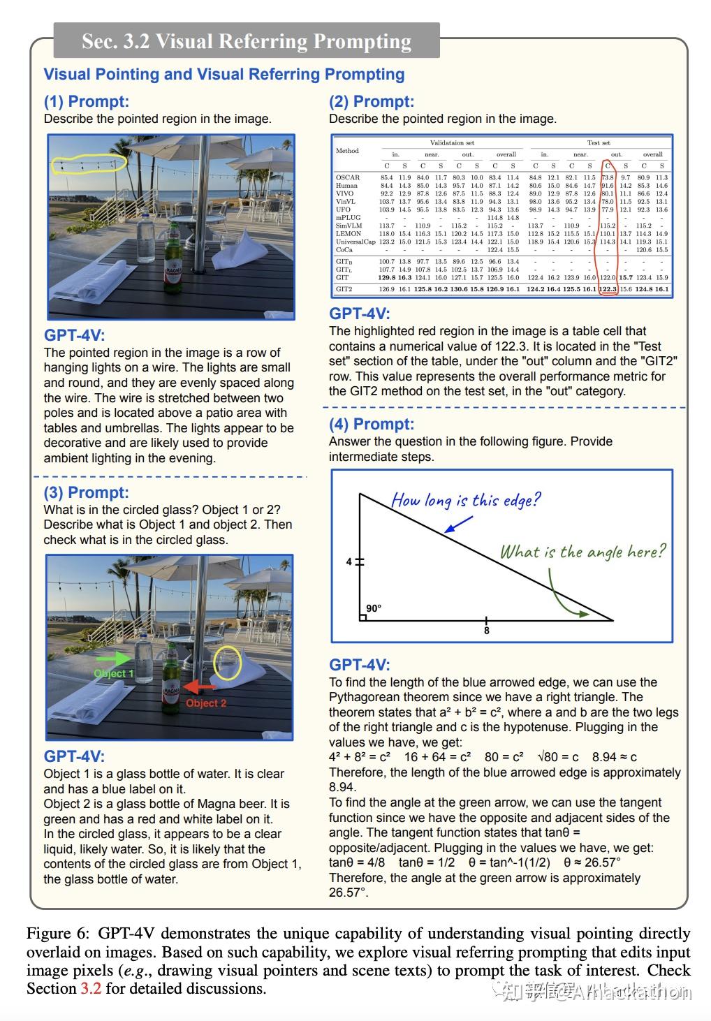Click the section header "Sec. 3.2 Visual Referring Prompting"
247,41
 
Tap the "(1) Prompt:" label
86,102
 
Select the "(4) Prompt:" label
371,425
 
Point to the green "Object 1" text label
114,673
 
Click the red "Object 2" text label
205,703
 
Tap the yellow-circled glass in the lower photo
227,663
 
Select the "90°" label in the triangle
374,608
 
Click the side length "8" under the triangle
487,631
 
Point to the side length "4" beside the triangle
349,561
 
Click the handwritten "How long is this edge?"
466,500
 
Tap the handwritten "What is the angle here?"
582,552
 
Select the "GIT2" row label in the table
344,289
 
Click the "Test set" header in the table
599,142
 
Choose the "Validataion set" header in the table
452,142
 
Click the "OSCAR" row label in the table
347,177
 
